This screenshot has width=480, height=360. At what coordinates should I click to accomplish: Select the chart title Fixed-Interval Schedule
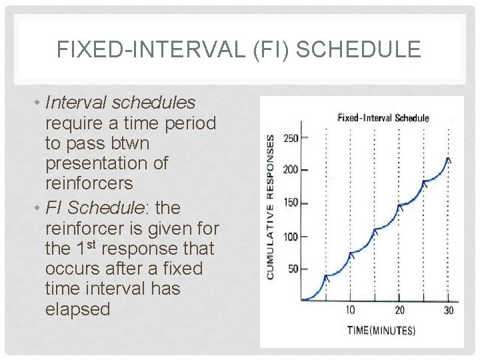[383, 118]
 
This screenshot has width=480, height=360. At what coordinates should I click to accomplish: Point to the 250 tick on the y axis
[291, 138]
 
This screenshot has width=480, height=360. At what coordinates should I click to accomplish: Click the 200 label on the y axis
[291, 170]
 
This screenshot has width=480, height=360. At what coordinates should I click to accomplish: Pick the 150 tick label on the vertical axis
[291, 203]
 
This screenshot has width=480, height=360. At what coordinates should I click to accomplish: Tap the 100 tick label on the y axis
[291, 237]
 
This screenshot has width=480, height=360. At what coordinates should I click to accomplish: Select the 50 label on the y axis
[293, 269]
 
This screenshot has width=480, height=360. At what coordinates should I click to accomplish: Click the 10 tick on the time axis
[350, 310]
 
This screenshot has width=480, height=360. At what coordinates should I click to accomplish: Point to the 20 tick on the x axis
[399, 310]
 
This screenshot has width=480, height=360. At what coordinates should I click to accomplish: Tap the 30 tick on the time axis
[449, 310]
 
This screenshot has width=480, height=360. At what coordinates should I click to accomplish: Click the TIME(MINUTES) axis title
[381, 330]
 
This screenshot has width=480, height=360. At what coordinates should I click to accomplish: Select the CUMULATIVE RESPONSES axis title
[271, 207]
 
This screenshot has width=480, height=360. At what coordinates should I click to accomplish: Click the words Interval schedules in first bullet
[120, 103]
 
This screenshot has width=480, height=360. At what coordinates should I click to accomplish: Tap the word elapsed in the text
[77, 309]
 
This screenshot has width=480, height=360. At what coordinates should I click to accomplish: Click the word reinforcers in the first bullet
[89, 183]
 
